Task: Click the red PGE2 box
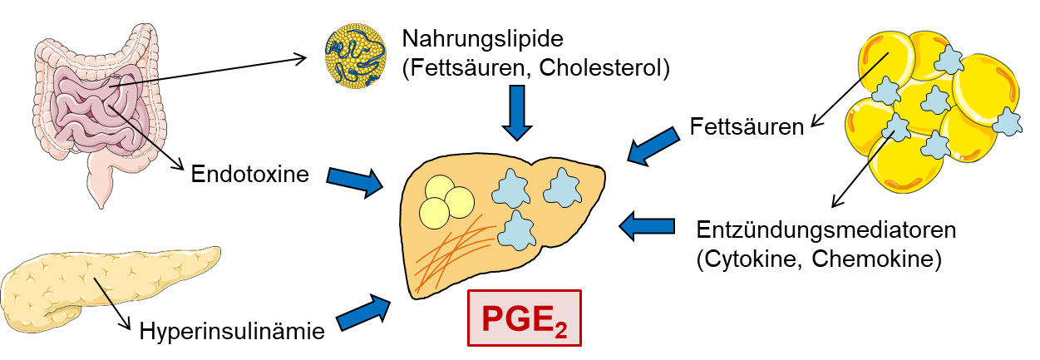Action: (x=524, y=318)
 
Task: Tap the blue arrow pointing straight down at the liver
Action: (x=517, y=111)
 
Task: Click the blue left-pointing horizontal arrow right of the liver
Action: (x=647, y=225)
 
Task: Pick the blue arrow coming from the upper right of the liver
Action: (x=653, y=145)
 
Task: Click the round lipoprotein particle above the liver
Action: (x=355, y=56)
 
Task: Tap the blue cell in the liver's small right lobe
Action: (x=560, y=188)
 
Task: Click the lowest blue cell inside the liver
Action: (x=517, y=230)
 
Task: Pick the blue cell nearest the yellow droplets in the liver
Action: (x=510, y=190)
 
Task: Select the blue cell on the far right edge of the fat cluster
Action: (x=1007, y=122)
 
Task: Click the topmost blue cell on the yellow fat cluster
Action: (x=948, y=59)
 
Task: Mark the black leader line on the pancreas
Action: (x=103, y=291)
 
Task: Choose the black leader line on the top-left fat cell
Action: (x=874, y=67)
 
